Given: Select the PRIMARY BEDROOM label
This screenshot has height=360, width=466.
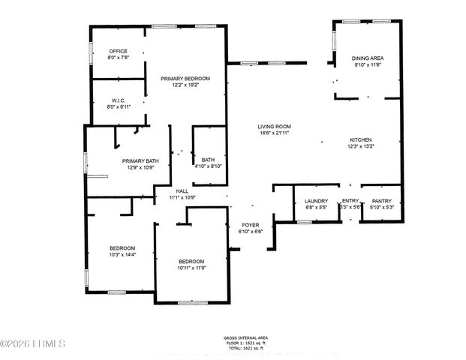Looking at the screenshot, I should [x=185, y=79].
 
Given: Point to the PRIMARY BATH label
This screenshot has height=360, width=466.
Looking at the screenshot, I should [x=141, y=160].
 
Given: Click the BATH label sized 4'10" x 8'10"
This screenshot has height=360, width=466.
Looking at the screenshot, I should [x=207, y=160].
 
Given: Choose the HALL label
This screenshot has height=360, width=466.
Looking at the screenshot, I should [x=182, y=191].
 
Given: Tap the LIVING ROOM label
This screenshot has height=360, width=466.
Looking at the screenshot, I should [x=275, y=126].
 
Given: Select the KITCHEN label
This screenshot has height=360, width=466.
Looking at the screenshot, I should [x=360, y=140].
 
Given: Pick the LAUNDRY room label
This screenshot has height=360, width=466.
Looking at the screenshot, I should [x=315, y=200].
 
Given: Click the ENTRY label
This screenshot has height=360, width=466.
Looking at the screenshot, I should [x=350, y=200].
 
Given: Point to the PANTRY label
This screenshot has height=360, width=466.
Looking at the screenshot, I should [x=382, y=200].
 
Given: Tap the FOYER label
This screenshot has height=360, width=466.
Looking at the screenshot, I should [x=250, y=225].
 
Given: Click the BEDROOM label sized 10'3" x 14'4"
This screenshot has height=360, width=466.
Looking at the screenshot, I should [x=122, y=248].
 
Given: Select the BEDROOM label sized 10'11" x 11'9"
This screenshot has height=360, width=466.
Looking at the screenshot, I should [x=191, y=261].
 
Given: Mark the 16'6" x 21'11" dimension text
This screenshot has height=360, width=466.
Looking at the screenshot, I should [x=275, y=133].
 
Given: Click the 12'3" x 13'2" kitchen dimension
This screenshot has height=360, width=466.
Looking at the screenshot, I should [x=360, y=147].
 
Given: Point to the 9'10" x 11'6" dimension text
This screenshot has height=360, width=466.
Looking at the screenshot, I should [x=367, y=64].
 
